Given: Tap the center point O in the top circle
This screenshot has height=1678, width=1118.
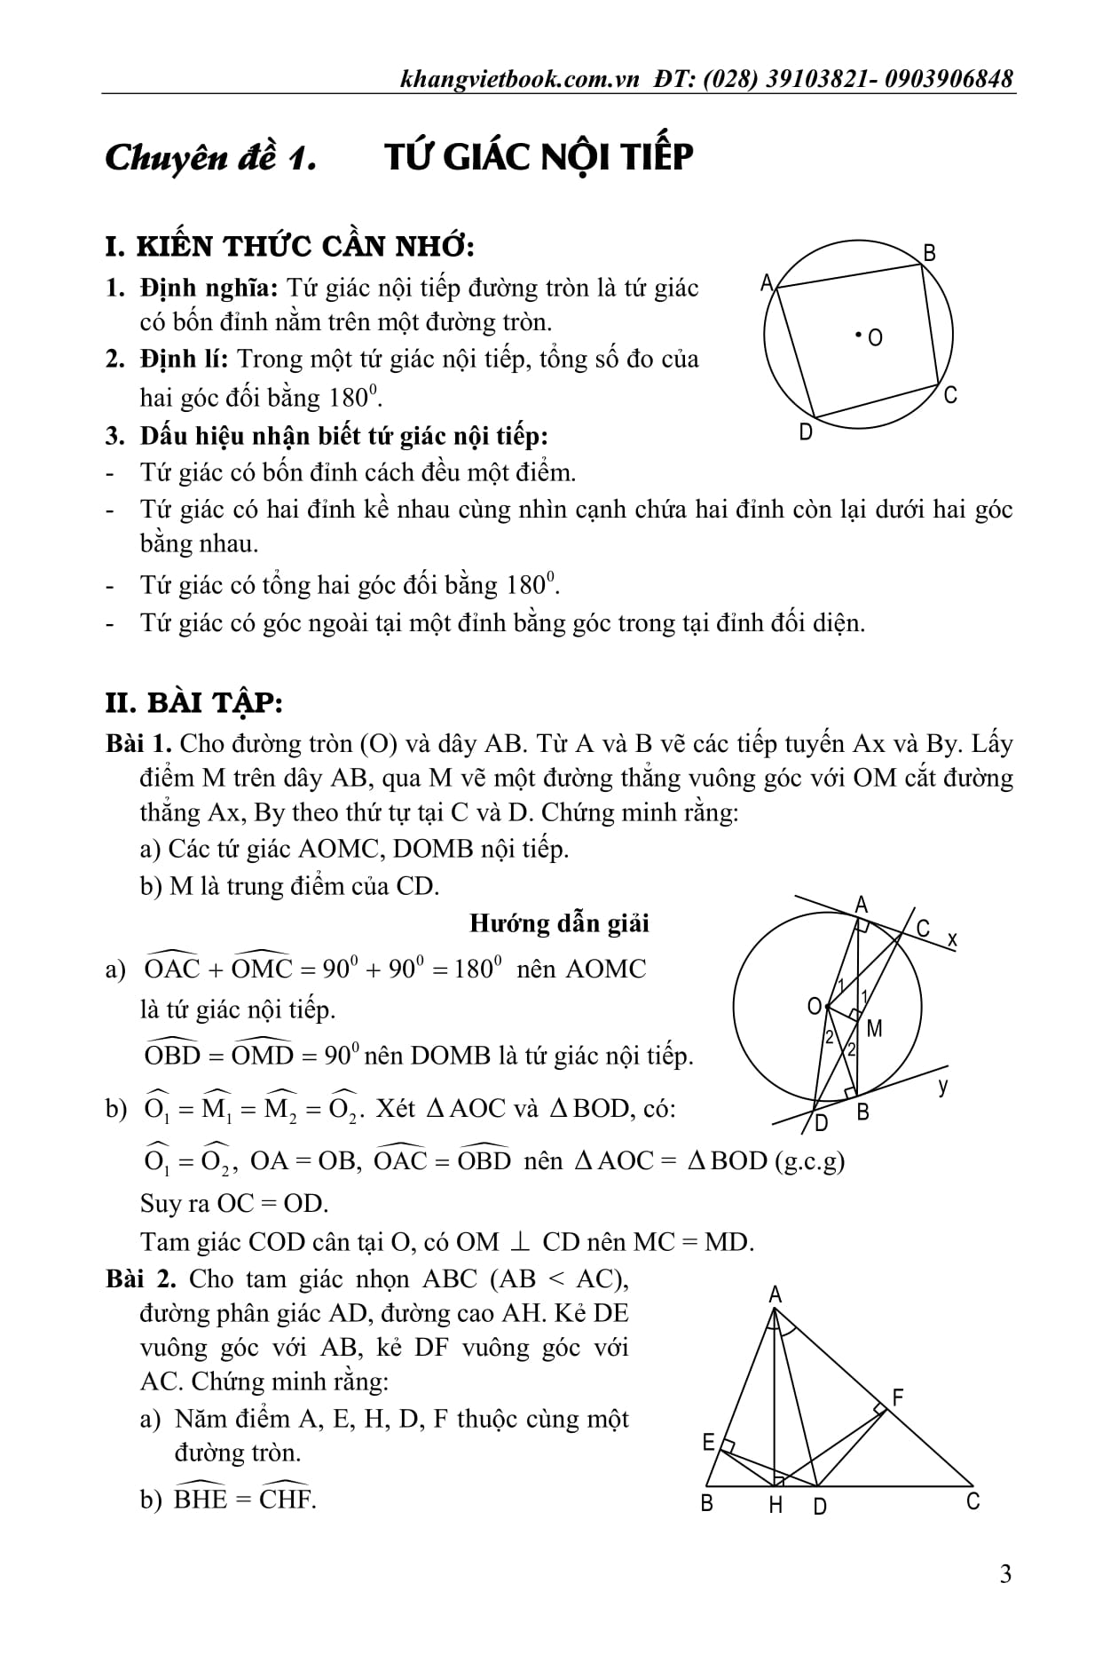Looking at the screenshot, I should [859, 335].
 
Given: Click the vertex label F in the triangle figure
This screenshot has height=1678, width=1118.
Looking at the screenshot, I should [897, 1397].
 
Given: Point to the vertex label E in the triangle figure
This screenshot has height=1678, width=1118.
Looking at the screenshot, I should [708, 1443].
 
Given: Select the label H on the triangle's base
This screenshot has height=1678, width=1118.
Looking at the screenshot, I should [776, 1505].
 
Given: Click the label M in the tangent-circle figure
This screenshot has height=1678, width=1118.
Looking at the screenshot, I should [874, 1028].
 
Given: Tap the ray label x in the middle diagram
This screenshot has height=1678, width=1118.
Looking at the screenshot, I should [952, 938].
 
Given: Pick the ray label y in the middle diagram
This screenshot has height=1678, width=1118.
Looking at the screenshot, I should [943, 1084].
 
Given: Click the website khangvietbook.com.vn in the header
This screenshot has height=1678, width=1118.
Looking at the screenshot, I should [520, 79].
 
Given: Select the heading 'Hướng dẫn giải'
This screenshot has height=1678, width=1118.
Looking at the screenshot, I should [559, 923].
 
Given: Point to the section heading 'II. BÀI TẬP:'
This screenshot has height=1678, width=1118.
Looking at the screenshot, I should [193, 702].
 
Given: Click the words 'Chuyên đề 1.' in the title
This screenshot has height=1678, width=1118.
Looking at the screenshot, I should [211, 158].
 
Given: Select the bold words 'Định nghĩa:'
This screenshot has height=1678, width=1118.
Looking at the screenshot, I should [209, 288].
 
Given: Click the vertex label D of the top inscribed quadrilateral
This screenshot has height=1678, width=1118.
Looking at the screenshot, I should [806, 432].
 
